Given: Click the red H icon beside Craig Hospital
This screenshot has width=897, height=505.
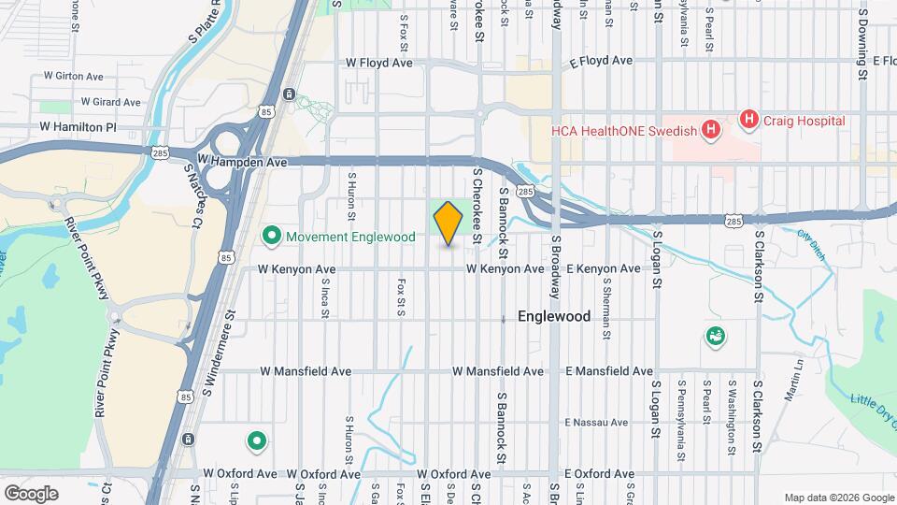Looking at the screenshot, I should click(x=747, y=120).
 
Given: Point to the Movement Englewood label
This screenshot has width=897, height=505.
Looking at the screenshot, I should click(x=350, y=237).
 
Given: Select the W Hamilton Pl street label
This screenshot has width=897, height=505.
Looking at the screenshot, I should click(x=78, y=126).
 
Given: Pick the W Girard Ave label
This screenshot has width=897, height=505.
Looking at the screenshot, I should click(x=110, y=101).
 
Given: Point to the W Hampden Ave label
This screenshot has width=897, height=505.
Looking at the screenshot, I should click(x=242, y=162).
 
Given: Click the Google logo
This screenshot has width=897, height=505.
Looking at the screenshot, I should click(x=32, y=493).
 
